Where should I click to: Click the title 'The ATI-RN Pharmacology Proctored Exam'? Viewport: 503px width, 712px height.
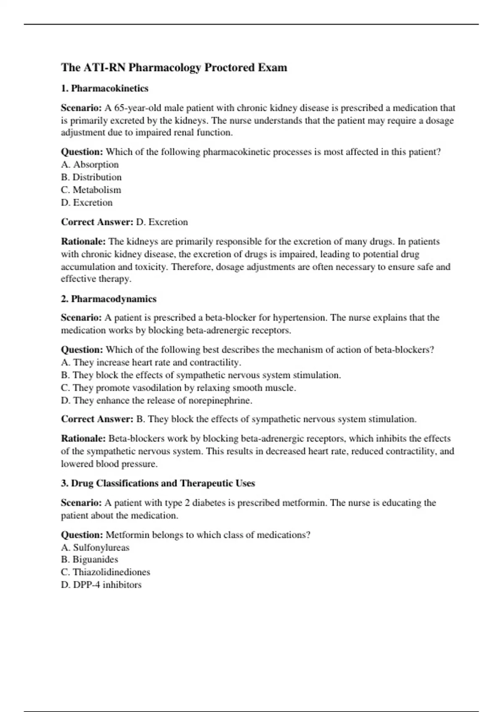pos(174,67)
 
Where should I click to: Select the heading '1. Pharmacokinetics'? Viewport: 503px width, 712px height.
pos(104,88)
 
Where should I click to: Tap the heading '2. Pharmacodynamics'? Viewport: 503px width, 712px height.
pos(109,299)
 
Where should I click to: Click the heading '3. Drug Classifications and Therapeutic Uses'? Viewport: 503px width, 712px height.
pos(158,483)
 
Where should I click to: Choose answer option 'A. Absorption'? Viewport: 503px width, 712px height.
pos(90,165)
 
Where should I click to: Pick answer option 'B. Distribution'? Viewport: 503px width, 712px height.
pos(91,177)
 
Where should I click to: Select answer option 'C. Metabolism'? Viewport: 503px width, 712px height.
pos(91,190)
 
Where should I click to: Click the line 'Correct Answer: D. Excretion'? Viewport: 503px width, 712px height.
pos(124,222)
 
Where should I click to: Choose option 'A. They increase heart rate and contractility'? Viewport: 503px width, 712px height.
pos(151,362)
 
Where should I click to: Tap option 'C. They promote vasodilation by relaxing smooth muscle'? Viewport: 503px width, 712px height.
pos(178,388)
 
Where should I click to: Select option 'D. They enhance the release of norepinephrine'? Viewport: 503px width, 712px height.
pos(156,400)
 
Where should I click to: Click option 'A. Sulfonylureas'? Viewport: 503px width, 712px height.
pos(95,547)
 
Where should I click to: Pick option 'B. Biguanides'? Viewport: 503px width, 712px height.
pos(89,560)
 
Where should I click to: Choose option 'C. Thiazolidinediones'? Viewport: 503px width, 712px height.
pos(105,572)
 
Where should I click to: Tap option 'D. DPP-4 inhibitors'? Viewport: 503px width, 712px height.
pos(101,585)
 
